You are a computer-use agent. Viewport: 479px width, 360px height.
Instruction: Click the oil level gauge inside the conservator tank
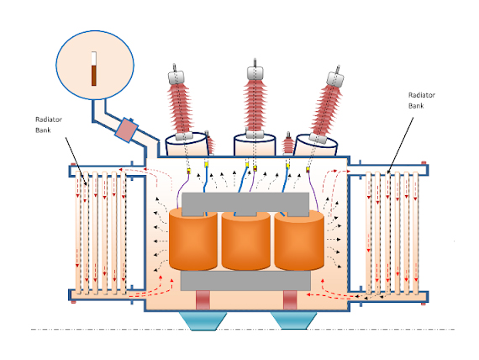click(x=94, y=68)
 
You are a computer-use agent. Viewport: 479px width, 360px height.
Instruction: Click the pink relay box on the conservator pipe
click(x=126, y=130)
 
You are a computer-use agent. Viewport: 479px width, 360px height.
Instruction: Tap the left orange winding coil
click(x=193, y=239)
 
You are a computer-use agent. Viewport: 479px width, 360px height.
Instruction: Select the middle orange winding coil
click(x=246, y=241)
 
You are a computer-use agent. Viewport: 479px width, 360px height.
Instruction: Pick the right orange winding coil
click(x=299, y=241)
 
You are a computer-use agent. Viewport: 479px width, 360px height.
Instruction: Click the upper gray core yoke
click(x=245, y=204)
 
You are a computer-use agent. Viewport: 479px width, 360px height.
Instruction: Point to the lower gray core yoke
click(x=245, y=281)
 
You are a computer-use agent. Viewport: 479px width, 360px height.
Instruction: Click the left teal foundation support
click(x=203, y=320)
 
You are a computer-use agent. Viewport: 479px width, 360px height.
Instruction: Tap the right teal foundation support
click(x=293, y=320)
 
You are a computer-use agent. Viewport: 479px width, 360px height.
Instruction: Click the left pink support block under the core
click(x=203, y=300)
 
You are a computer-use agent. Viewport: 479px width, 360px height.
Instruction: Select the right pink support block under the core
click(x=290, y=300)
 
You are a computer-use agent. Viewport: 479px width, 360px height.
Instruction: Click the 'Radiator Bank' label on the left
click(x=49, y=124)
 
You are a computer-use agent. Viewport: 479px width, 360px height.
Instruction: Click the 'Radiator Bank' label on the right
click(x=422, y=100)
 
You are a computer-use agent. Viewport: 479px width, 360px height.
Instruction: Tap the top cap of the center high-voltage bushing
click(x=255, y=73)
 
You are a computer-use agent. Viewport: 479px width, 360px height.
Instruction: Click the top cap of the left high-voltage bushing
click(x=176, y=77)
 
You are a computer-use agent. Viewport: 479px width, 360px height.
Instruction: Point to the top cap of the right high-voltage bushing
click(x=335, y=79)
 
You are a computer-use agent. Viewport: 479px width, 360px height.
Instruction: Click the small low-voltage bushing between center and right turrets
click(x=288, y=143)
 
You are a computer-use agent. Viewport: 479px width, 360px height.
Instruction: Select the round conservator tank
click(x=95, y=65)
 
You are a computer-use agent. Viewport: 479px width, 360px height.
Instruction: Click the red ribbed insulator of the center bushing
click(x=255, y=105)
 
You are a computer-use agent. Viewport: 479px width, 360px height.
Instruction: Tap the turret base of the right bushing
click(x=316, y=146)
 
